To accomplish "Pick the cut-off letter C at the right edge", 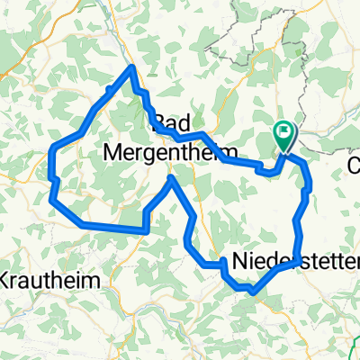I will [354, 166].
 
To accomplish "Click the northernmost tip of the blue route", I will [133, 67].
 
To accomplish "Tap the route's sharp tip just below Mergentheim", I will [171, 178].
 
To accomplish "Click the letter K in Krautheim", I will [6, 278].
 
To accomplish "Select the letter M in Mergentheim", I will [116, 151].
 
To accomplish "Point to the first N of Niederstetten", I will [240, 262].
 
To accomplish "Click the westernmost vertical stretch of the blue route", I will [54, 171].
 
